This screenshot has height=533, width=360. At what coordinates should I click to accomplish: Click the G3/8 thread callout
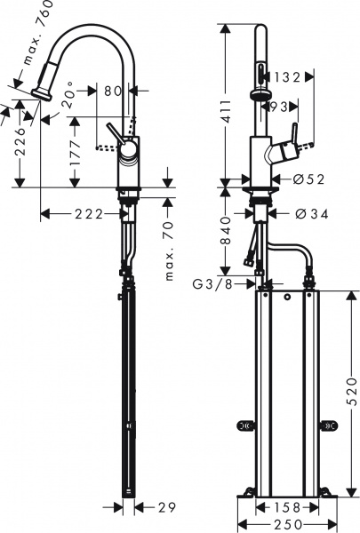point(213,284)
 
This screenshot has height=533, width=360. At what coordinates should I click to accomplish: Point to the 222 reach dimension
point(84,214)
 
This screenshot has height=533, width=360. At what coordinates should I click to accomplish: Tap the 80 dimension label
point(113,89)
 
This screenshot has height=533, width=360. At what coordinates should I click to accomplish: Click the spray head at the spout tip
point(40,91)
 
